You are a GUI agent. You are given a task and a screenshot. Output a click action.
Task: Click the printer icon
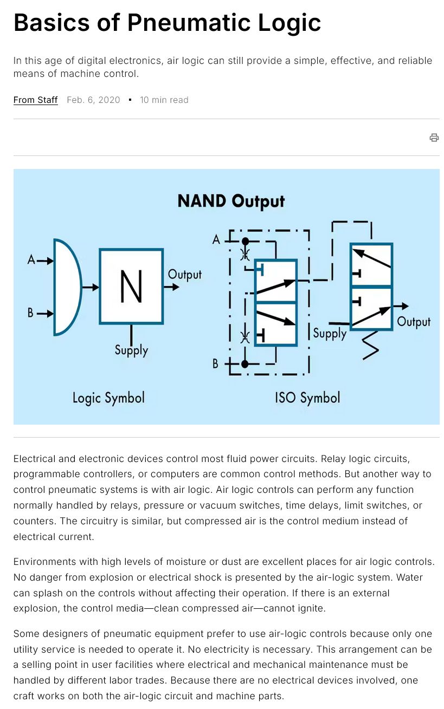(x=434, y=138)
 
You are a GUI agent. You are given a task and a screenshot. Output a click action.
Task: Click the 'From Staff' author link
(x=35, y=100)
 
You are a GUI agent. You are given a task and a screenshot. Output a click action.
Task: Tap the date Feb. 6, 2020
(x=93, y=100)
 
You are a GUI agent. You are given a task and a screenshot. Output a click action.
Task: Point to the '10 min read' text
(x=164, y=100)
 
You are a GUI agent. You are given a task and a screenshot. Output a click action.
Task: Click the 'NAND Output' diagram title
(x=231, y=201)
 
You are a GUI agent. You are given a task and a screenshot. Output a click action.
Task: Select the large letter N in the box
(x=131, y=287)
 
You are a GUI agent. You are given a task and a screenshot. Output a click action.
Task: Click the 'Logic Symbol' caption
(x=109, y=398)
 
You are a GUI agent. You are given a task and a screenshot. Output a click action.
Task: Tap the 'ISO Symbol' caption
(x=307, y=398)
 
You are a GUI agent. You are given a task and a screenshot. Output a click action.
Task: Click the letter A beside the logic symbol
(x=31, y=260)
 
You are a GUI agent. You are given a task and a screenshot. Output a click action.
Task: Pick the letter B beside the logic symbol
(x=30, y=313)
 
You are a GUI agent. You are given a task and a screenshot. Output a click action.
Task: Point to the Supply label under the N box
(x=131, y=350)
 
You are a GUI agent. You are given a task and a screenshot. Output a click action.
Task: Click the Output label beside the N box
(x=184, y=275)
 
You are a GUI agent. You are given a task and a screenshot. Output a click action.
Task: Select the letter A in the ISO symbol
(x=216, y=240)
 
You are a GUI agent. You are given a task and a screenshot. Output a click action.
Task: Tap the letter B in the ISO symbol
(x=216, y=363)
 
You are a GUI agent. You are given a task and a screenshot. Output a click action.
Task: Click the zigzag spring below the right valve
(x=371, y=346)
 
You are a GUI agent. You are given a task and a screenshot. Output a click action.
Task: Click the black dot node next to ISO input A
(x=245, y=242)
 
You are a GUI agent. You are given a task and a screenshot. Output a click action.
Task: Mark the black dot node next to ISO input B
(x=244, y=364)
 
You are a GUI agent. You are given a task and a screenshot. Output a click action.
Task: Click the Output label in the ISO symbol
(x=414, y=322)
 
